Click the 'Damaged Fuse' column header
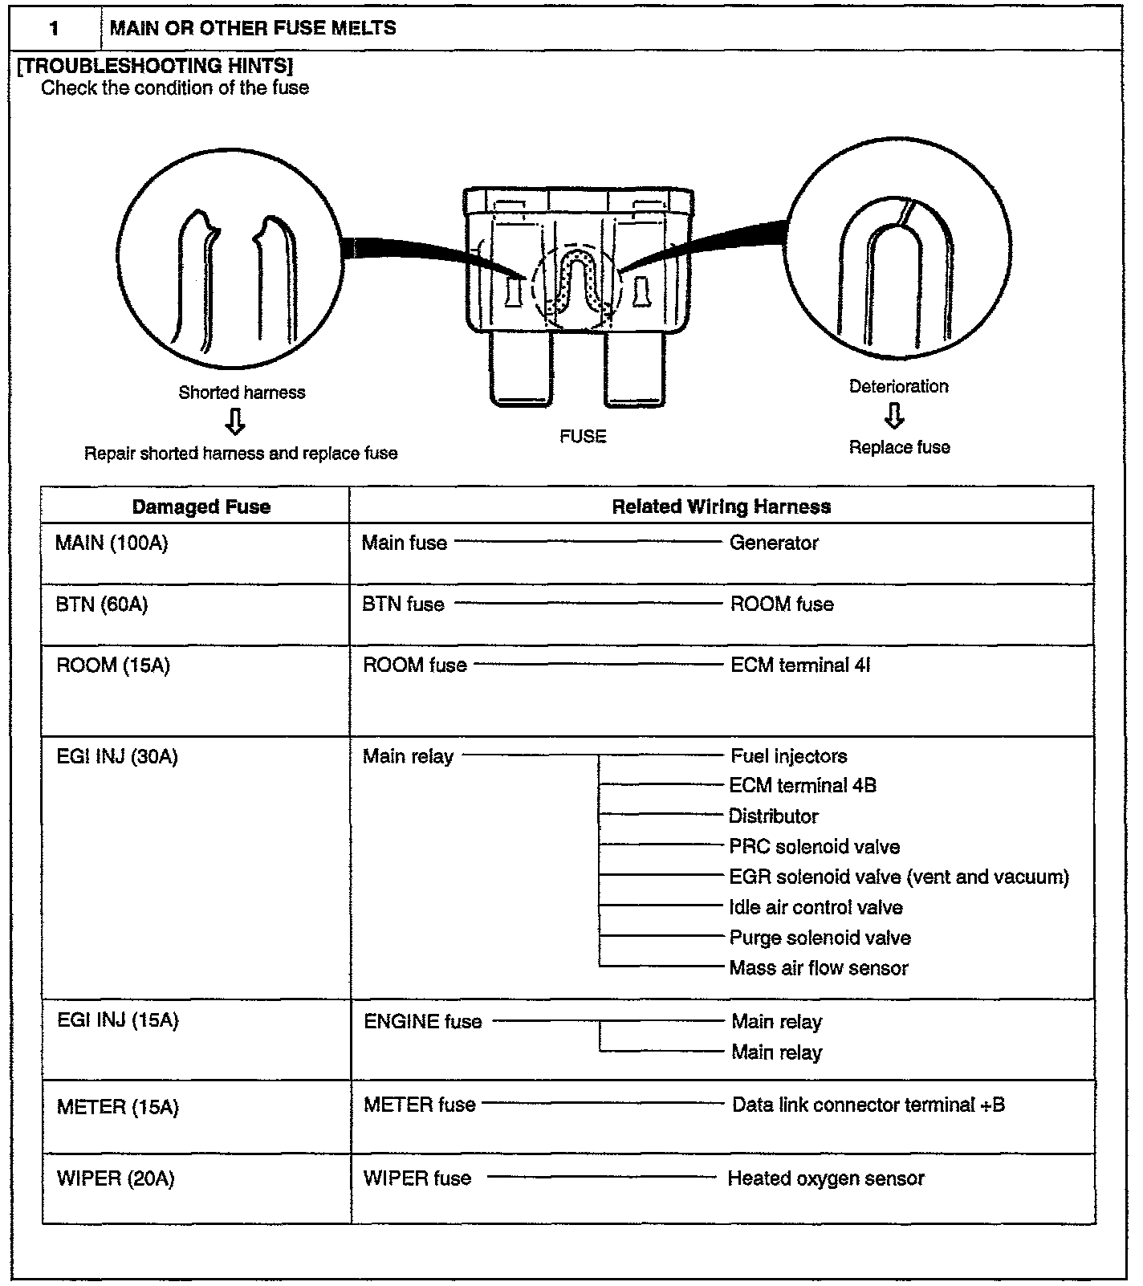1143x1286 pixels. tap(201, 507)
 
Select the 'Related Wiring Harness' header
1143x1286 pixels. tap(721, 507)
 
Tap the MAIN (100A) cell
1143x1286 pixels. tap(112, 543)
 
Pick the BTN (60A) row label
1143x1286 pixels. tap(102, 604)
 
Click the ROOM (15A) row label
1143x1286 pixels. tap(113, 665)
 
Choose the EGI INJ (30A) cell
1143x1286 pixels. tap(117, 756)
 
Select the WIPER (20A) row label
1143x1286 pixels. tap(116, 1179)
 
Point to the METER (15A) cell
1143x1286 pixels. tap(117, 1108)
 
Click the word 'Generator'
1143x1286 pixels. tap(774, 543)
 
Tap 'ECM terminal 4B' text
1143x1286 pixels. tap(803, 786)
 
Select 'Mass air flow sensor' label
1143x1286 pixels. tap(819, 968)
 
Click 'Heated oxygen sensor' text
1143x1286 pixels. tap(826, 1178)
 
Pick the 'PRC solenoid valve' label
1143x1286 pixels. tap(815, 847)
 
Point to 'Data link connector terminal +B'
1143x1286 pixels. tap(868, 1105)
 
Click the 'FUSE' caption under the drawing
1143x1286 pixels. tap(583, 437)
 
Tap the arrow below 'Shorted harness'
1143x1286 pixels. tap(235, 421)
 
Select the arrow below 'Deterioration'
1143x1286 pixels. tap(895, 416)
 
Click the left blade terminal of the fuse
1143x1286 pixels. tap(520, 369)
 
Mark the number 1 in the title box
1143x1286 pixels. tap(54, 29)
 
